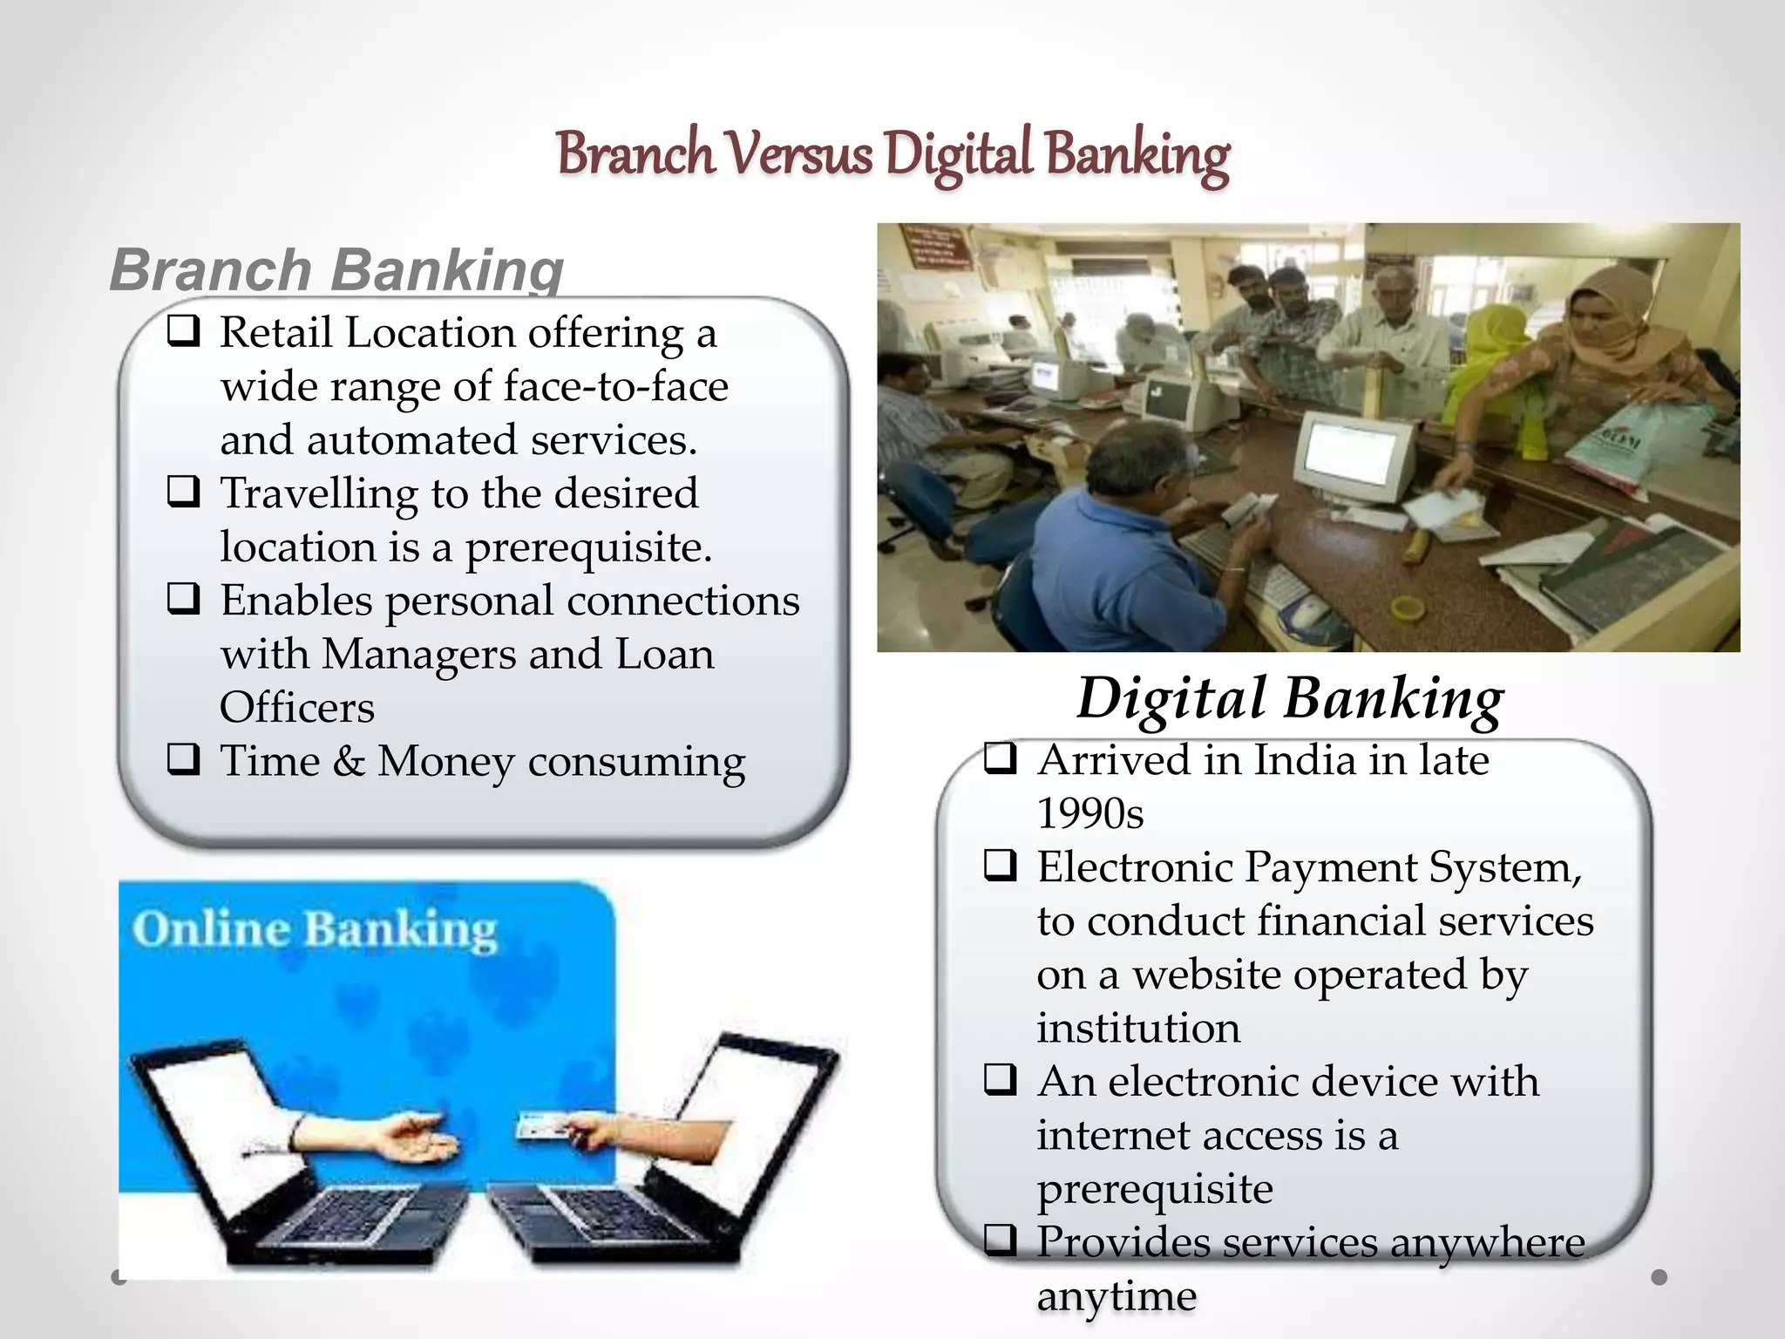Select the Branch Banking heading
336,269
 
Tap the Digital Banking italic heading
1290,699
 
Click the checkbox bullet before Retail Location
183,332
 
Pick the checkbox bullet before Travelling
183,493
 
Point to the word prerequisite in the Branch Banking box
587,547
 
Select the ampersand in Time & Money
349,761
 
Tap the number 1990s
1089,813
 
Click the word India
1305,760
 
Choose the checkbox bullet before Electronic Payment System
1001,867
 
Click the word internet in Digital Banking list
1103,1135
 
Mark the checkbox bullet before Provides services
1001,1241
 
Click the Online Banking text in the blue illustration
315,929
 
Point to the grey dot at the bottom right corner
1659,1277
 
